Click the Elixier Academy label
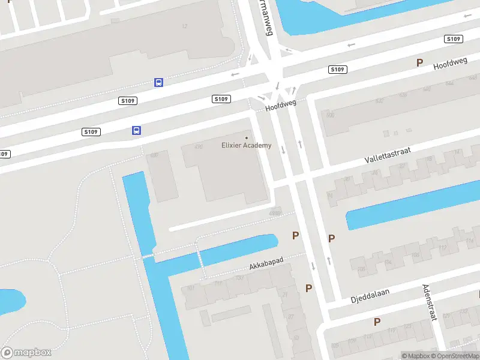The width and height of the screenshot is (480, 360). tap(246, 145)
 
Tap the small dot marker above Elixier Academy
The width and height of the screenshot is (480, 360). tap(246, 138)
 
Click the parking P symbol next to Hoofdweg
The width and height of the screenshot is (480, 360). tap(420, 62)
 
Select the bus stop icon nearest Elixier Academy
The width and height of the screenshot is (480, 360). tap(137, 130)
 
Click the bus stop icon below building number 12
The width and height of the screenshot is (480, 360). tap(158, 82)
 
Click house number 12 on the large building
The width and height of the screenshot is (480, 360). tap(184, 26)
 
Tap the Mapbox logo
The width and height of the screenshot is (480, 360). tap(26, 353)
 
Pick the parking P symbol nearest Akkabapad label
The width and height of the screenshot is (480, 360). tap(295, 236)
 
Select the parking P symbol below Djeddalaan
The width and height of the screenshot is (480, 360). tap(377, 322)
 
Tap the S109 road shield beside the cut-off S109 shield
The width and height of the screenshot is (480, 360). tap(91, 131)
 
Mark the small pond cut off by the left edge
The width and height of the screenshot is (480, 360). tap(11, 301)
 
